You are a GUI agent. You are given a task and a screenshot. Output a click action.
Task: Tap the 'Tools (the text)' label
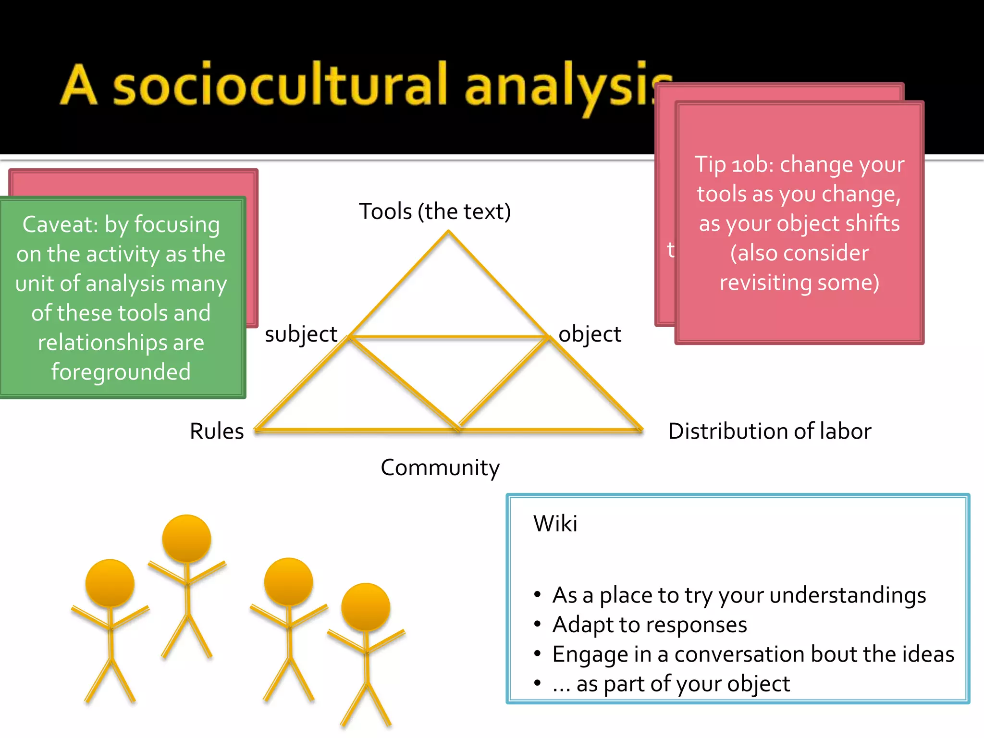[435, 211]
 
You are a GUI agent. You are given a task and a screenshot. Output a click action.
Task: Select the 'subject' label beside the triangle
[301, 334]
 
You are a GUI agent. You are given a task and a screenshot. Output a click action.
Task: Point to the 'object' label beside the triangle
[590, 334]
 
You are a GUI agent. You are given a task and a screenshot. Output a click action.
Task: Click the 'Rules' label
[217, 431]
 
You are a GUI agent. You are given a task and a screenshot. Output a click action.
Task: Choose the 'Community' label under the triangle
[440, 467]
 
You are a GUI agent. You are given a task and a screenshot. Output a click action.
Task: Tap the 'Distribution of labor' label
[770, 431]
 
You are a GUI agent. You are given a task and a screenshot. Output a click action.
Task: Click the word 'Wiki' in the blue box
[555, 523]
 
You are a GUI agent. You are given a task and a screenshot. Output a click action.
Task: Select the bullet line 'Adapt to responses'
[650, 625]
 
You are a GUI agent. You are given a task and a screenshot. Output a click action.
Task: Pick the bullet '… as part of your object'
[671, 684]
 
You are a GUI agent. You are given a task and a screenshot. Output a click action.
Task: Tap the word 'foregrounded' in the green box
[121, 372]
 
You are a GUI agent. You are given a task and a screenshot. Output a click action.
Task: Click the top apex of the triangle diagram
[448, 232]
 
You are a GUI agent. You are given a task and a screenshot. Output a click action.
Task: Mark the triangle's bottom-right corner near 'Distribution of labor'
[641, 429]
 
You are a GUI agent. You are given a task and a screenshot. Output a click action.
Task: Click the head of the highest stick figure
[186, 538]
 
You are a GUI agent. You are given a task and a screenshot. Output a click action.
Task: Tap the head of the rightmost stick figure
[366, 607]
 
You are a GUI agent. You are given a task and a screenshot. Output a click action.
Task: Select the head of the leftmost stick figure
[110, 583]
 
